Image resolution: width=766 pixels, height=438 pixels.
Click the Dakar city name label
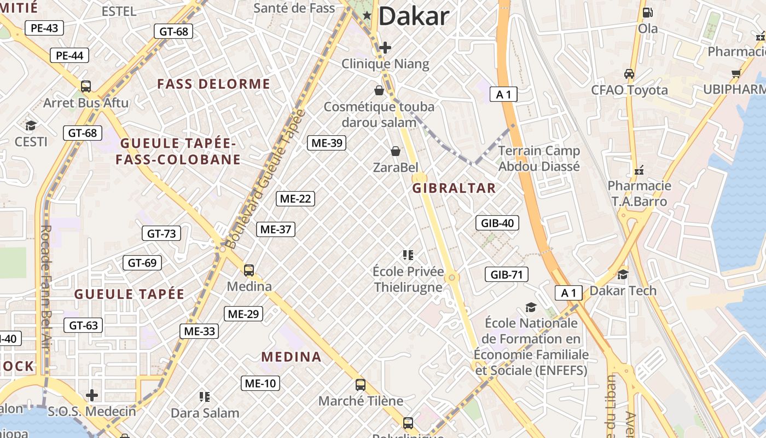[x=413, y=16]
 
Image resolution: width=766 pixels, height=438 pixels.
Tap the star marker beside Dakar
[x=367, y=16]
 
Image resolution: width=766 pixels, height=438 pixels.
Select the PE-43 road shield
[x=44, y=28]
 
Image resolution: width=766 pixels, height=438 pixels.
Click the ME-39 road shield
[x=327, y=143]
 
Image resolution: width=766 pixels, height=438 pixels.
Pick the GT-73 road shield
[x=161, y=233]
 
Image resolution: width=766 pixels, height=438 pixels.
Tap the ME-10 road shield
[x=260, y=383]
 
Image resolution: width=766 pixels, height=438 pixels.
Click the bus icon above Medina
[x=249, y=270]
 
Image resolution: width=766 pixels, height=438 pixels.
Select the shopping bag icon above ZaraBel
[x=395, y=151]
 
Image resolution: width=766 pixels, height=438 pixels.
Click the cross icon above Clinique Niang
[x=385, y=48]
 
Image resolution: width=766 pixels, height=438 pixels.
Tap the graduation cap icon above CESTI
[x=31, y=125]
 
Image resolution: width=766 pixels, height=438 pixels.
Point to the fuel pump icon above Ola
[x=647, y=12]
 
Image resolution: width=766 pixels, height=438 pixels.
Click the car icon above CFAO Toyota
[x=629, y=73]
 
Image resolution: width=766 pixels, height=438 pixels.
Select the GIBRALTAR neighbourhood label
[x=454, y=188]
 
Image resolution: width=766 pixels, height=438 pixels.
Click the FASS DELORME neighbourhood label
[x=213, y=84]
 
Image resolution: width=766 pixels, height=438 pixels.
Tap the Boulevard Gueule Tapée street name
[x=265, y=179]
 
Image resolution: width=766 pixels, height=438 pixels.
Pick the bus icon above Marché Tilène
[x=361, y=384]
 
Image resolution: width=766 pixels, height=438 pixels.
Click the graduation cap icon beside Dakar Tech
[x=623, y=274]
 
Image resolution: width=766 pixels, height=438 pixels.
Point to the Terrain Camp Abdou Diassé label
[x=539, y=158]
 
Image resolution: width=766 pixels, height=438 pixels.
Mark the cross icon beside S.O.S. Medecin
[x=92, y=395]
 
